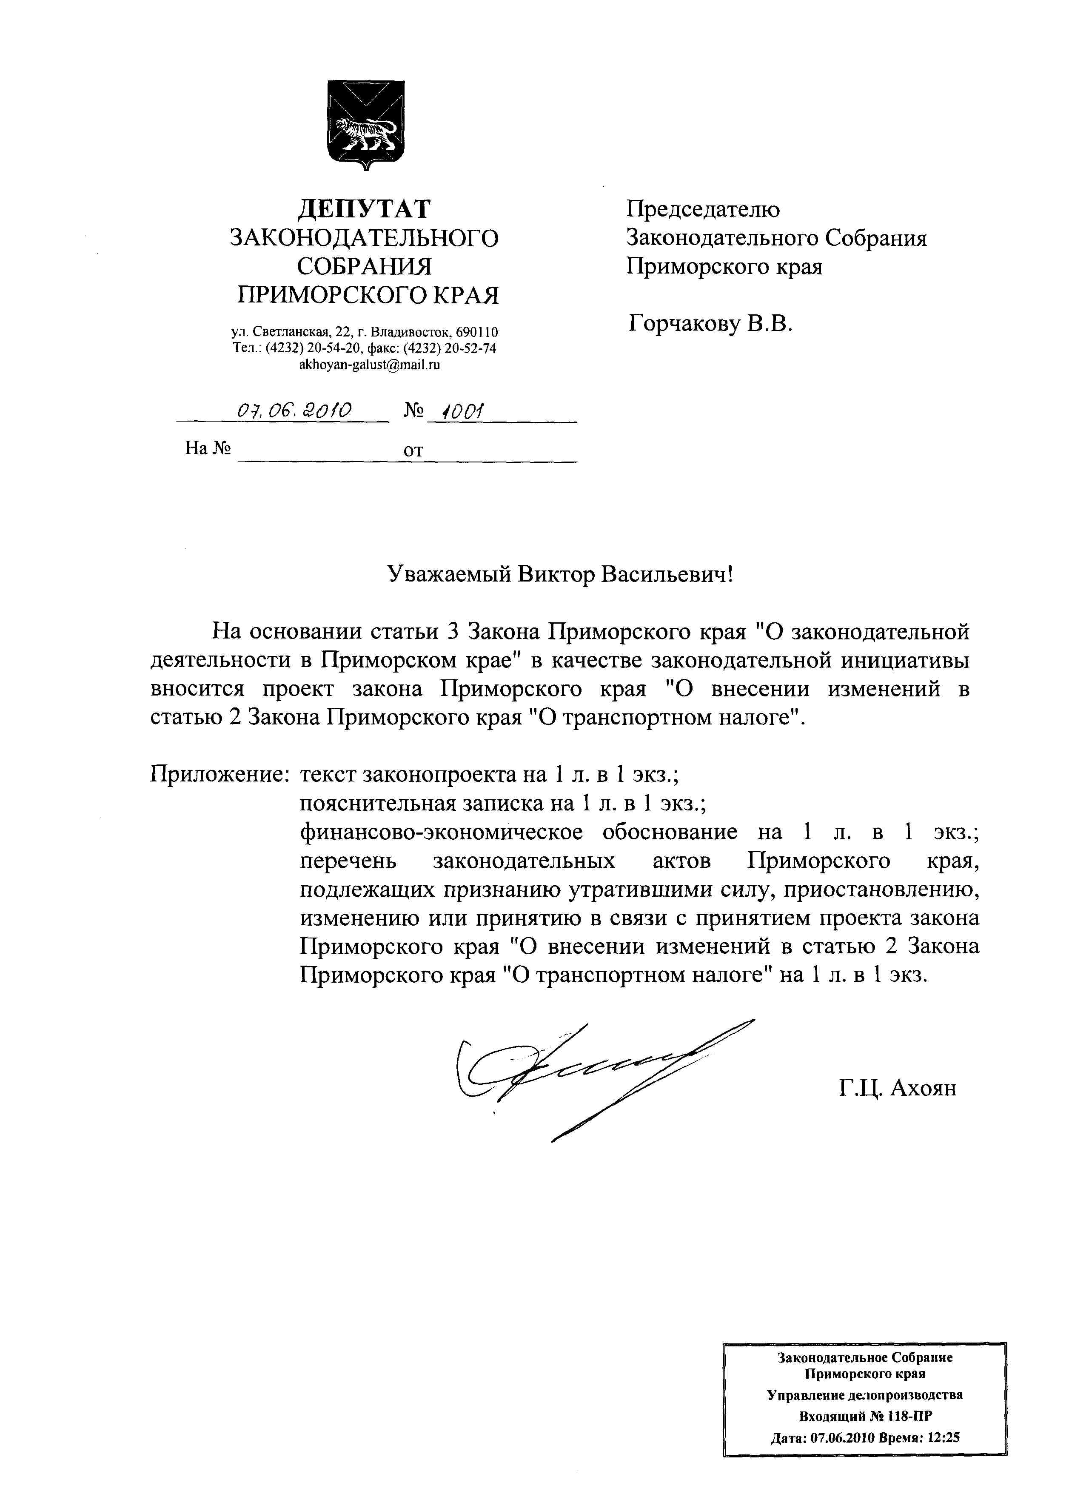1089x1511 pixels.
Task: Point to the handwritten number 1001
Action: [458, 411]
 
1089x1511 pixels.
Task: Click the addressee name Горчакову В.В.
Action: [710, 325]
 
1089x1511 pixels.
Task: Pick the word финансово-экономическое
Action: [441, 832]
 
